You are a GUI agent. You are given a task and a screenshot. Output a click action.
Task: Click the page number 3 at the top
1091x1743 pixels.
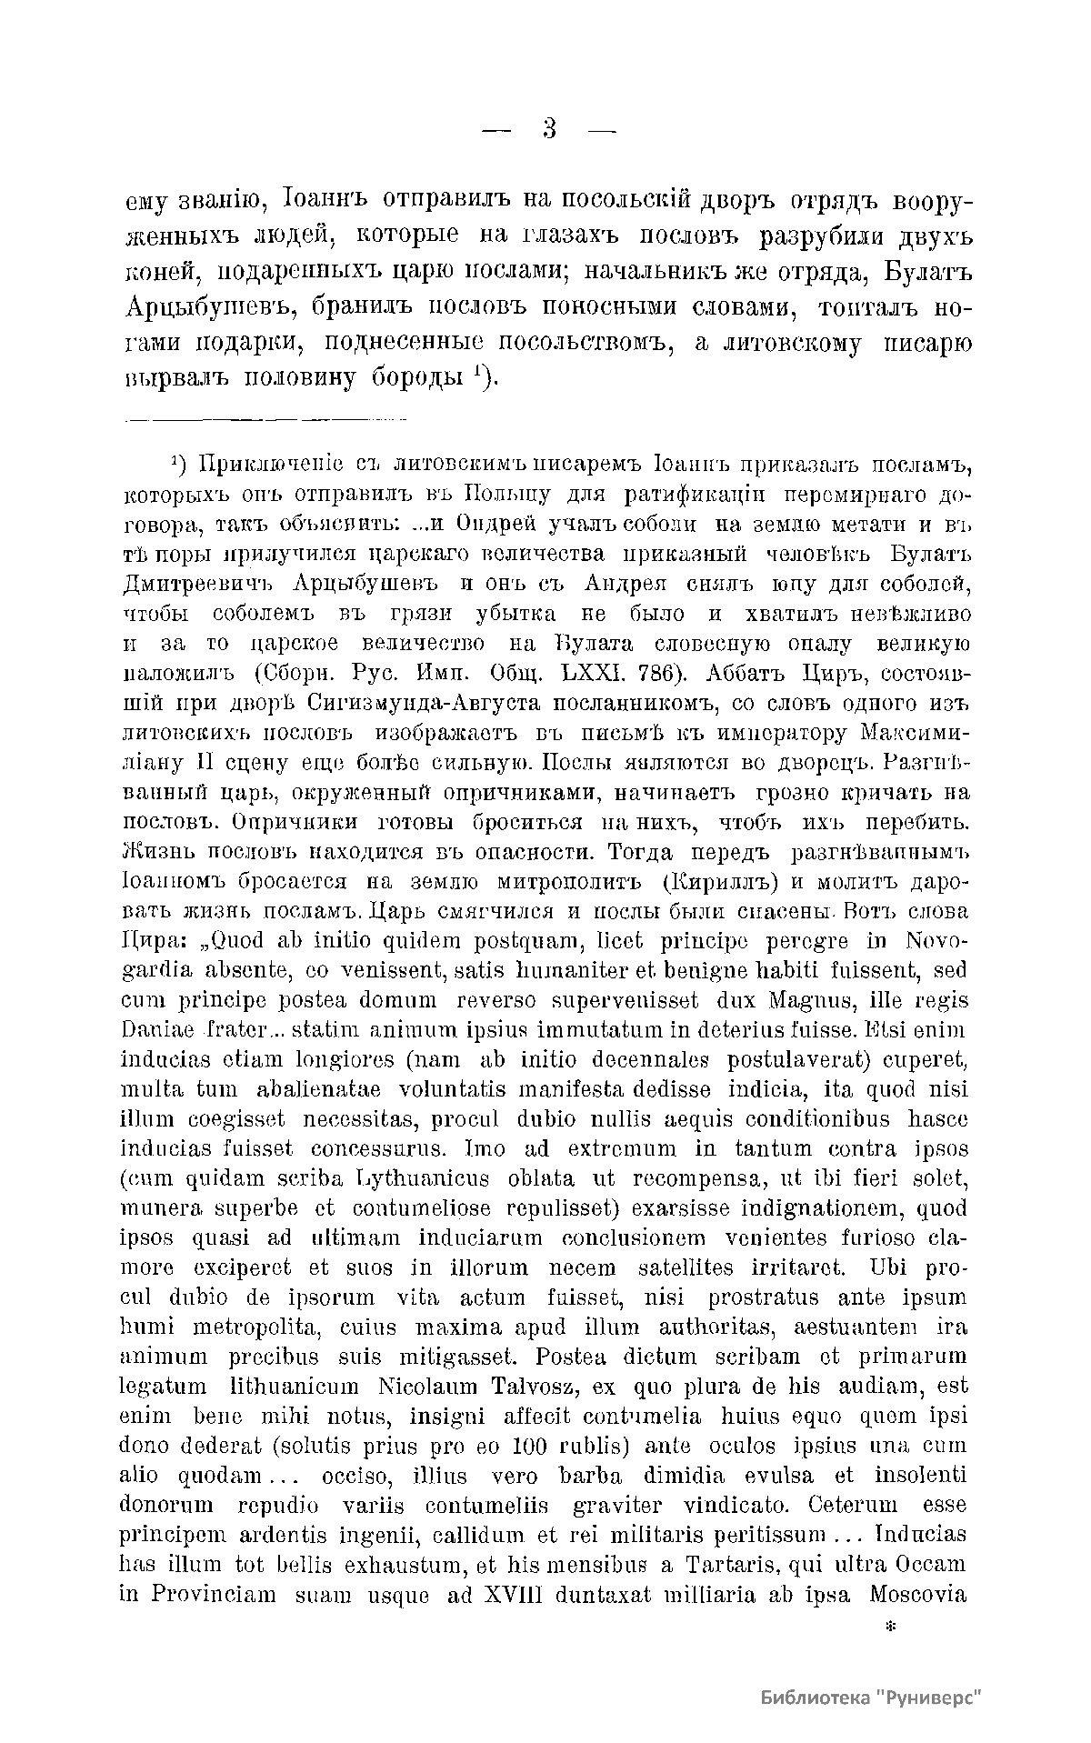click(549, 129)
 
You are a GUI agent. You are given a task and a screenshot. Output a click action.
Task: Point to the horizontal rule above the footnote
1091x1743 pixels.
click(264, 420)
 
